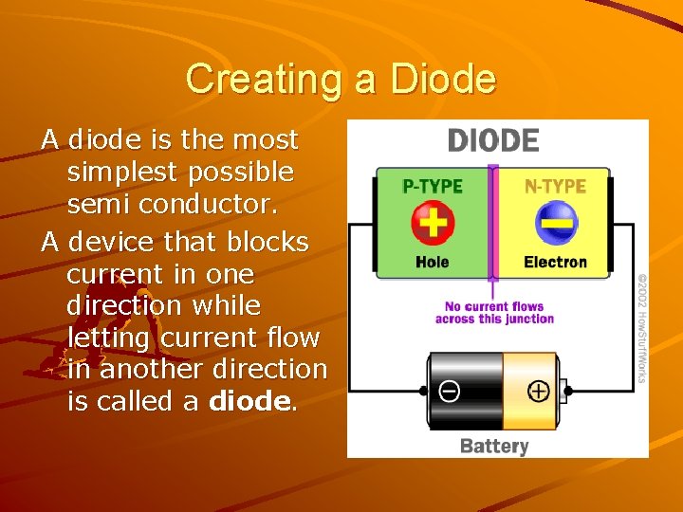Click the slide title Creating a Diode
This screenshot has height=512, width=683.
341,79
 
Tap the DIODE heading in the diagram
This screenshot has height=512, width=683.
492,141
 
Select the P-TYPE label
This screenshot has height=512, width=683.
432,187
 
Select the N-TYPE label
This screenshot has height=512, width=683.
555,187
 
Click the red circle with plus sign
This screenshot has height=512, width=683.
433,224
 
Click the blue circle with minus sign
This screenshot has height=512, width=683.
555,225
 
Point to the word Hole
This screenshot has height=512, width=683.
433,262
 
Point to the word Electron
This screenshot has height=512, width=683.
555,262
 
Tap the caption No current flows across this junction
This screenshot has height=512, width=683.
494,313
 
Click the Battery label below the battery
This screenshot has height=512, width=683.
493,446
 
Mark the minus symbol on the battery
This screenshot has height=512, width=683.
446,391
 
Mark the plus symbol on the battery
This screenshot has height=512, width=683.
538,391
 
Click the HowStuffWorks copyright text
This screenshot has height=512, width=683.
641,328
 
